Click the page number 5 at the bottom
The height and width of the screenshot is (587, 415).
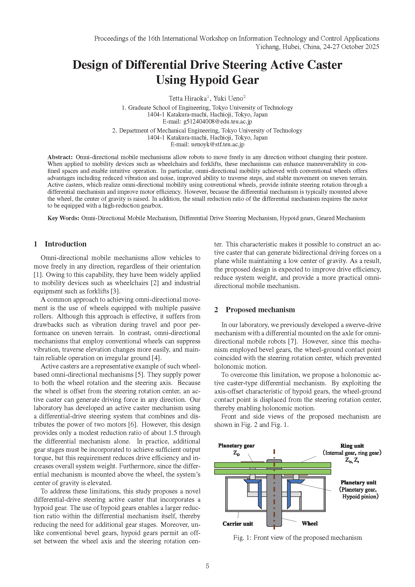coord(207,566)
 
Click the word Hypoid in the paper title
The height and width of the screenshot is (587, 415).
coord(207,80)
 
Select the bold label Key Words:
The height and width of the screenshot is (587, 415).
coord(63,218)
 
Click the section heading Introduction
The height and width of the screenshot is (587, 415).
coord(65,244)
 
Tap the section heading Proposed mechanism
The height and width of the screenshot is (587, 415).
coord(260,310)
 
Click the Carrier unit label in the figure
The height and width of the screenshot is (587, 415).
coord(238,524)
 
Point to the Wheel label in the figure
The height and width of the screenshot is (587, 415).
coord(309,523)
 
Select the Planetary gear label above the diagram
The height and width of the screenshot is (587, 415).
coord(236,446)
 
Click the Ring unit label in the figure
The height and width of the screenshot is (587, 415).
coord(352,446)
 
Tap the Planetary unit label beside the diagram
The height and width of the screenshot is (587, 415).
coord(358,482)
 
